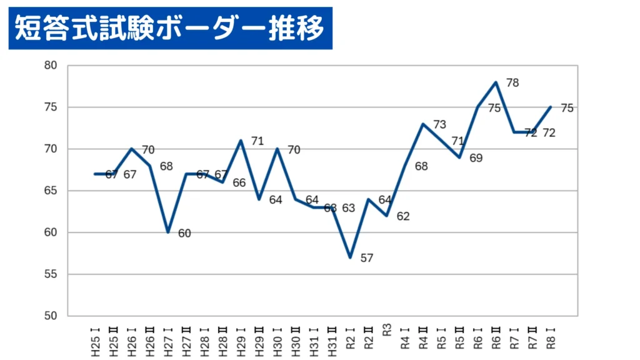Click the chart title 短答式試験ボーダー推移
[169, 28]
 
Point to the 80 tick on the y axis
[51, 66]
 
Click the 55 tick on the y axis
[51, 274]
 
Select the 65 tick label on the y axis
[51, 191]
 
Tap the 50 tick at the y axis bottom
[51, 316]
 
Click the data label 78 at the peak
[512, 82]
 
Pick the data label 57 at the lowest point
[366, 257]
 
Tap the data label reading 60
[184, 233]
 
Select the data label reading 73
[439, 124]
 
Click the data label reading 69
[476, 158]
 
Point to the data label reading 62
[403, 216]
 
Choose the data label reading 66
[239, 183]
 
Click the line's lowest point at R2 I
[351, 257]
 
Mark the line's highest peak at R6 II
[496, 82]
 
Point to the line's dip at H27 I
[168, 232]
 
